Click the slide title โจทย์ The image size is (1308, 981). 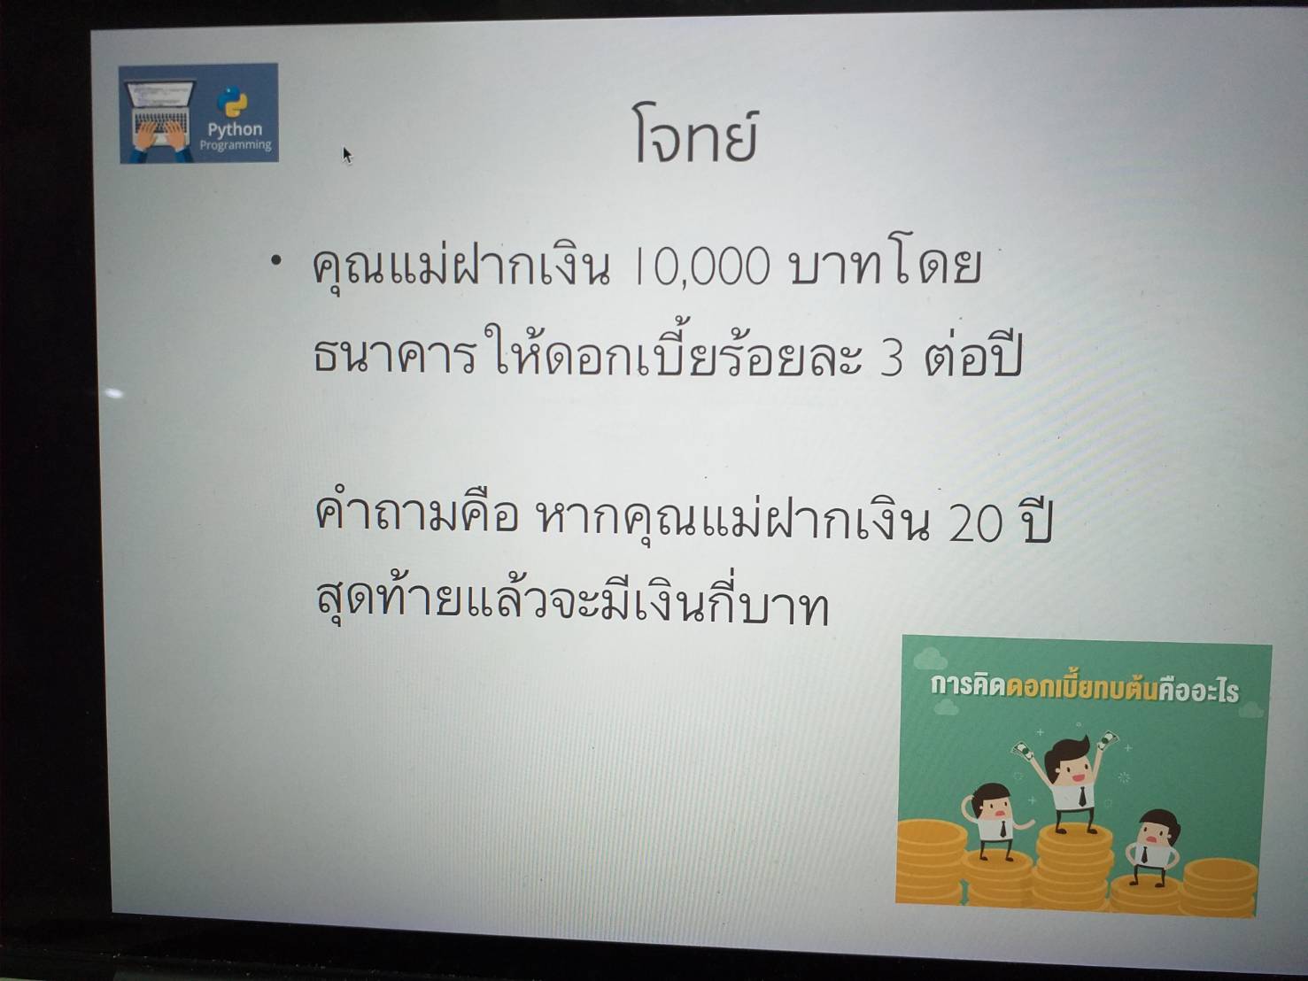pos(695,135)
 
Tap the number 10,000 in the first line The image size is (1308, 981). pos(702,266)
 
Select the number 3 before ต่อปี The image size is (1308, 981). pos(892,359)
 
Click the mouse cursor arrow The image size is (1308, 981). pos(347,155)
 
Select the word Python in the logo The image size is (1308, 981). pos(235,129)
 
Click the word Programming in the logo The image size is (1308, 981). pos(236,144)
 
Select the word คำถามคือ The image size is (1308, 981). pos(416,515)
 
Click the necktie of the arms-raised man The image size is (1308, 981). pos(1082,796)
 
